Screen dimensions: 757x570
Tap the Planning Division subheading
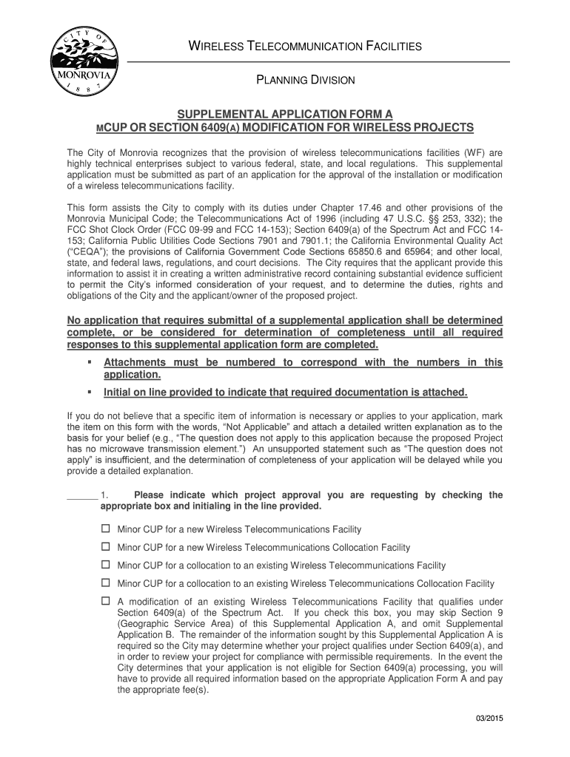point(306,79)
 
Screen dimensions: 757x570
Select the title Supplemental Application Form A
point(284,115)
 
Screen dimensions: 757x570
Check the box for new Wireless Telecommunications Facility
point(105,529)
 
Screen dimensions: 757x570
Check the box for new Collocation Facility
point(105,547)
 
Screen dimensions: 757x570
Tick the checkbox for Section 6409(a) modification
point(105,601)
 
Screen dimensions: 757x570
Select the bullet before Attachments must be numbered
point(89,362)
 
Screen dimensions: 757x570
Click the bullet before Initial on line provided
point(89,392)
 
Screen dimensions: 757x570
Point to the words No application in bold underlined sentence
point(101,319)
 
